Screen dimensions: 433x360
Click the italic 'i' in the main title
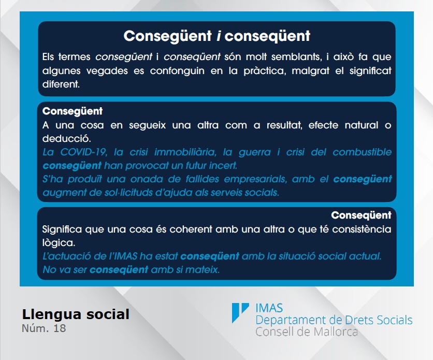click(x=219, y=36)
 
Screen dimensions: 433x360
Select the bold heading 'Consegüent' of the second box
click(x=73, y=111)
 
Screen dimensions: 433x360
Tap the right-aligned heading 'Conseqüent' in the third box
click(x=361, y=215)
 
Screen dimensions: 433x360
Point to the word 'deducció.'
click(x=66, y=139)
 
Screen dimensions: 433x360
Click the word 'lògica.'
click(x=59, y=243)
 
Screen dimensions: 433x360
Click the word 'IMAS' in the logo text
click(x=269, y=308)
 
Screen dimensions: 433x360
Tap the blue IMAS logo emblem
click(x=240, y=312)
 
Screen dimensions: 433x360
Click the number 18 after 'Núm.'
click(x=60, y=328)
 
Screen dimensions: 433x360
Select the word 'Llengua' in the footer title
click(x=51, y=315)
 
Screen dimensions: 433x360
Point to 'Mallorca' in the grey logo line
click(x=336, y=332)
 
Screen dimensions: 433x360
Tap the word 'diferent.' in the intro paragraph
click(x=61, y=84)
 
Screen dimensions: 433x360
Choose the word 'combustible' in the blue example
click(x=362, y=152)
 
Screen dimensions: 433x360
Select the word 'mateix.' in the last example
click(x=203, y=270)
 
